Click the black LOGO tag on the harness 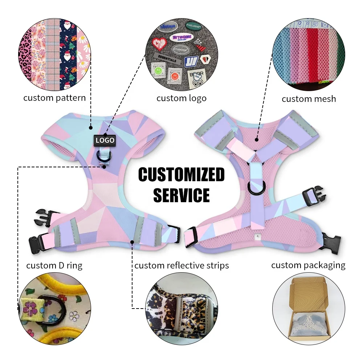coord(105,140)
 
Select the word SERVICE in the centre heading coord(181,195)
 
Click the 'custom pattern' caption coord(54,98)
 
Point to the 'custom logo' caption coord(181,98)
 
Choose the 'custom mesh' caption coord(309,99)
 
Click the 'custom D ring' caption coord(54,265)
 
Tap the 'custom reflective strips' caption coord(181,265)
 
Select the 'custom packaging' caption coord(308,265)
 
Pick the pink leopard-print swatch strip coord(27,54)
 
